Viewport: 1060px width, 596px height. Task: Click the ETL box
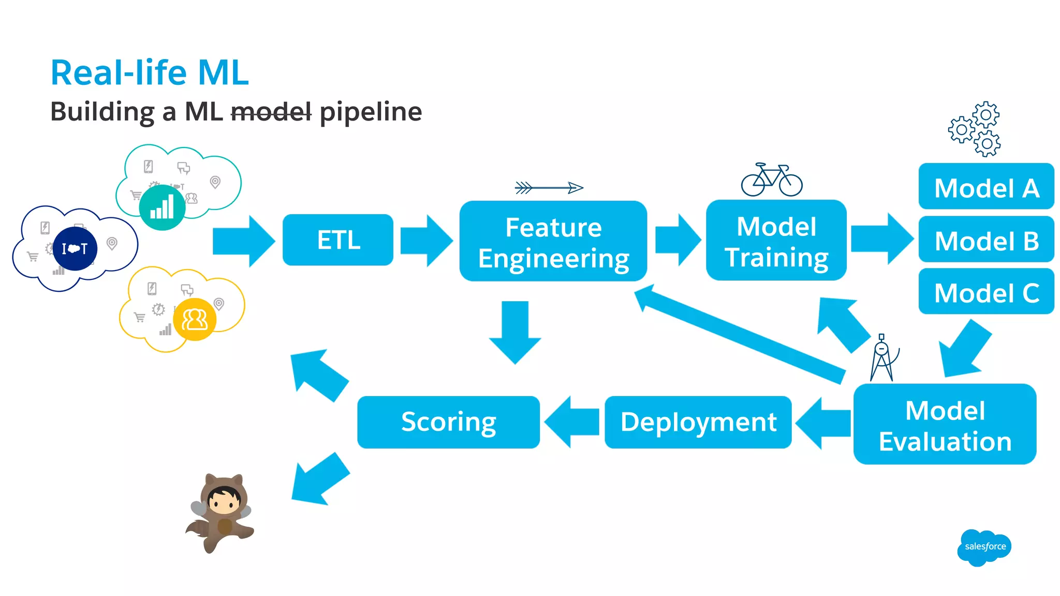coord(337,240)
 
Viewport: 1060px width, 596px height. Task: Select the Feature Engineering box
coord(553,242)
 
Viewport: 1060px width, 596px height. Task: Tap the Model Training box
coord(776,241)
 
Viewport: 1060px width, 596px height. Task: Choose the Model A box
coord(986,187)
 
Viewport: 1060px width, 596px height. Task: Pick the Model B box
coord(986,240)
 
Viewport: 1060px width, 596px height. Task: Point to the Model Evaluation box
coord(945,425)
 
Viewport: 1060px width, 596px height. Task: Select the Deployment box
coord(698,422)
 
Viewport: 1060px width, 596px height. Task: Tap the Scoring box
coord(448,422)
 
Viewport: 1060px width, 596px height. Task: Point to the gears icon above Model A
coord(975,129)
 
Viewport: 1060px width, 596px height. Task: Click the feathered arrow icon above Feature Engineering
coord(549,188)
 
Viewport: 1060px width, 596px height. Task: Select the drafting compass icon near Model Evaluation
coord(883,358)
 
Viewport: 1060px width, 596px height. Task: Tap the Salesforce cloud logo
coord(984,547)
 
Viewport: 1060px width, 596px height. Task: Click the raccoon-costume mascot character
coord(222,512)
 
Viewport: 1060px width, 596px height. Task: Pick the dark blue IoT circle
coord(75,249)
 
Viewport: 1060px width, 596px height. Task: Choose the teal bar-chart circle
coord(162,207)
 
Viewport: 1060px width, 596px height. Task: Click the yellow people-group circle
coord(195,319)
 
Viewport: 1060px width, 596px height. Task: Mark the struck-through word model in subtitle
coord(271,112)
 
